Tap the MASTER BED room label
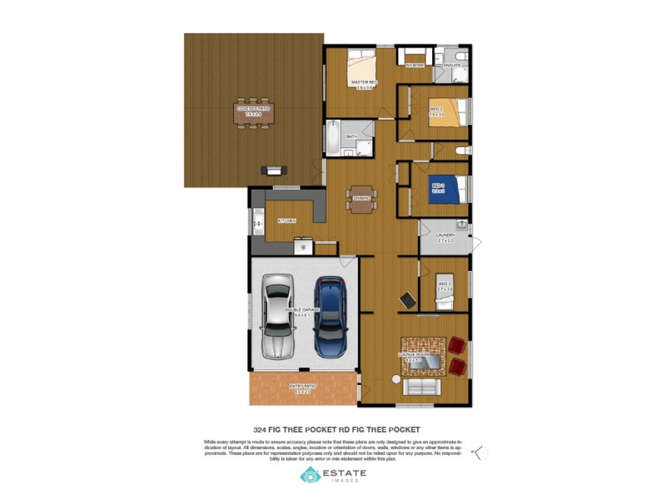364,82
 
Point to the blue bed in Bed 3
439,187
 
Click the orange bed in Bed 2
444,113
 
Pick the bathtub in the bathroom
332,139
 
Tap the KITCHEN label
287,220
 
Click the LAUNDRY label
445,236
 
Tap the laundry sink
461,225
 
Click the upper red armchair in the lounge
457,343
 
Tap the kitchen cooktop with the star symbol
303,247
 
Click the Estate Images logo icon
310,476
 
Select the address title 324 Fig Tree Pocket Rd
336,430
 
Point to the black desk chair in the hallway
408,299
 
